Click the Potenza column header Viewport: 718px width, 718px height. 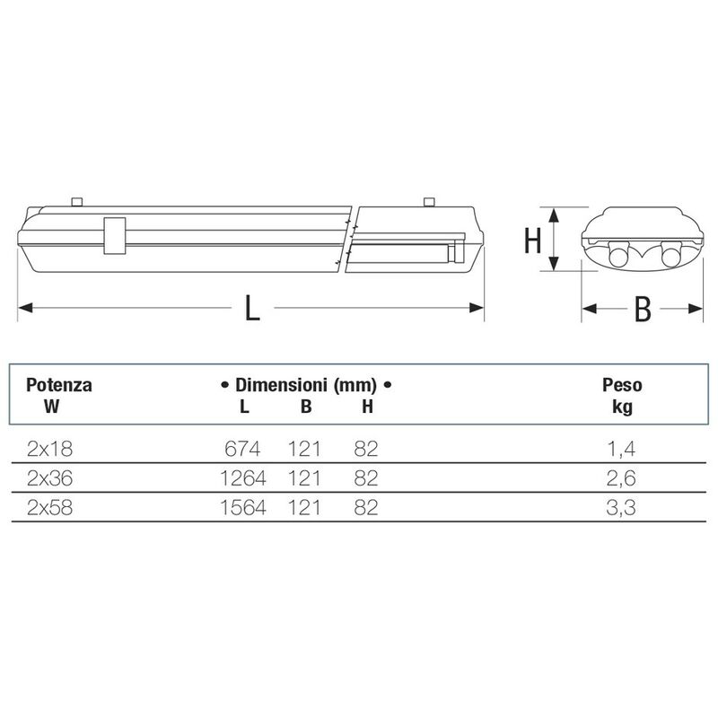coord(59,385)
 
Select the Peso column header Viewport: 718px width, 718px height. coord(622,385)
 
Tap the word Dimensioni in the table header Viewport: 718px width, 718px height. coord(281,385)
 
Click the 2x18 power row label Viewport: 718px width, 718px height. coord(49,449)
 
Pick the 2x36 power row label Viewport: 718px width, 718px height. coord(49,478)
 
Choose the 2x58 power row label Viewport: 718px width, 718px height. coord(49,508)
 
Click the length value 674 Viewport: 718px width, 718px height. coord(242,449)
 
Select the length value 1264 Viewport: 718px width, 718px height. coord(242,478)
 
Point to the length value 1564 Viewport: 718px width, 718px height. coord(242,508)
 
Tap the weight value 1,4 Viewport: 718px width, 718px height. coord(621,450)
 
